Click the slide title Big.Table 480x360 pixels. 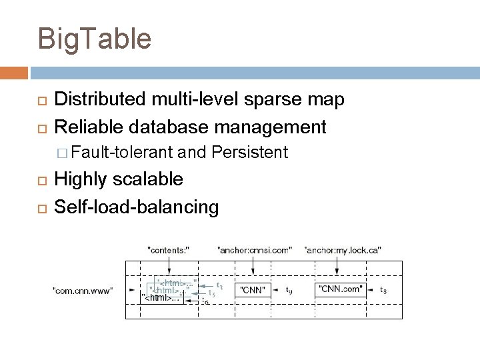click(x=95, y=39)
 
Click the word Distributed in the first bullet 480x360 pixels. click(x=100, y=100)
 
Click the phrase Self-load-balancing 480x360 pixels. click(x=136, y=207)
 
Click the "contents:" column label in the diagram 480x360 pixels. click(x=168, y=250)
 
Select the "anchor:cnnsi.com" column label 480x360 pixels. click(x=255, y=250)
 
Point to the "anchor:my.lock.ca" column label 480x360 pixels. click(x=342, y=250)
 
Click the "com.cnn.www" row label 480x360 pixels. click(x=83, y=290)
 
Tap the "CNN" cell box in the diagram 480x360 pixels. click(x=253, y=290)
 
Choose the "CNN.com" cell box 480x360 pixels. click(x=341, y=289)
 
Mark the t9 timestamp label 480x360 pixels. click(x=289, y=290)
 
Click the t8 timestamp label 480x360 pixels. click(x=383, y=290)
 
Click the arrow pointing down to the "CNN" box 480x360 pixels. click(x=253, y=267)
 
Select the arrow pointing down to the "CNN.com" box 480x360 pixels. click(x=339, y=267)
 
